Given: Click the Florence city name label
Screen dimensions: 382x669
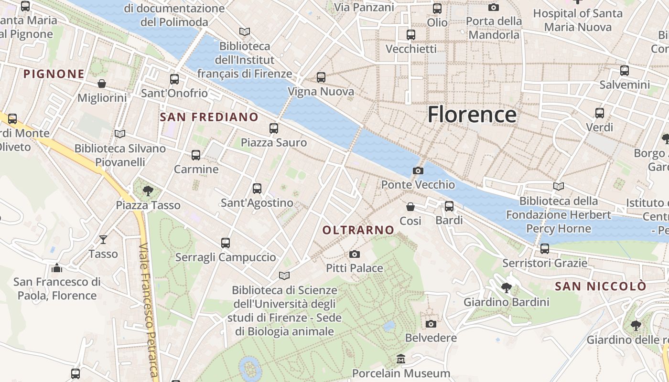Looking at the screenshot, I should [x=472, y=115].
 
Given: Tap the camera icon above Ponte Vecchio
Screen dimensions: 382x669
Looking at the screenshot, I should [x=418, y=170].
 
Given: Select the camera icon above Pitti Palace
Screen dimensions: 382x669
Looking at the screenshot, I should [x=354, y=254].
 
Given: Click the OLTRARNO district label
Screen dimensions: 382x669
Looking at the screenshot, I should [x=358, y=230].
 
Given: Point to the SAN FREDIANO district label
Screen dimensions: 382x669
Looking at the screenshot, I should [x=209, y=117].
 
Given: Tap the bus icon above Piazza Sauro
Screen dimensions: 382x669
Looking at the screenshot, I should [x=273, y=128].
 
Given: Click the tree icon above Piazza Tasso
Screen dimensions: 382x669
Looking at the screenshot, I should [x=148, y=191].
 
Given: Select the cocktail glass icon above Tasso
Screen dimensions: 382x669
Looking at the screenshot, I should [x=103, y=239].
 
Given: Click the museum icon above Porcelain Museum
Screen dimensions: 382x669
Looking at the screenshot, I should [x=401, y=359].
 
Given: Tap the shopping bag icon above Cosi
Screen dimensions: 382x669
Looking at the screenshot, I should [x=410, y=206].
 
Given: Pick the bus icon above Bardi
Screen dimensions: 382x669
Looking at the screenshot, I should [x=449, y=206].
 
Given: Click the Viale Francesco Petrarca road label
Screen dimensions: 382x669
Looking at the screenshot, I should [x=149, y=310].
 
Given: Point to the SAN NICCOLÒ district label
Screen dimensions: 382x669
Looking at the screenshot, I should [x=600, y=286].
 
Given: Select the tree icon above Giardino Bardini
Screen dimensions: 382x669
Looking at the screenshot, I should [x=506, y=287].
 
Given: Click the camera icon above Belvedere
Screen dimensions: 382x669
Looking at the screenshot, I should [x=431, y=324].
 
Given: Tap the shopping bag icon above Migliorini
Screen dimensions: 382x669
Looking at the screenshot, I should [x=102, y=84].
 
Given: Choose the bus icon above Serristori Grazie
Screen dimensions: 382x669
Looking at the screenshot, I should [x=544, y=248].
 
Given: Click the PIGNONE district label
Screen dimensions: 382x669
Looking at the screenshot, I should [x=54, y=74].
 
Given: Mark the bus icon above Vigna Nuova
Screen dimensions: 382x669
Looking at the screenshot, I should [x=321, y=77].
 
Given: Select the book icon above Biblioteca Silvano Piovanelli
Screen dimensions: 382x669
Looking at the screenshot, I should [x=120, y=134].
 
